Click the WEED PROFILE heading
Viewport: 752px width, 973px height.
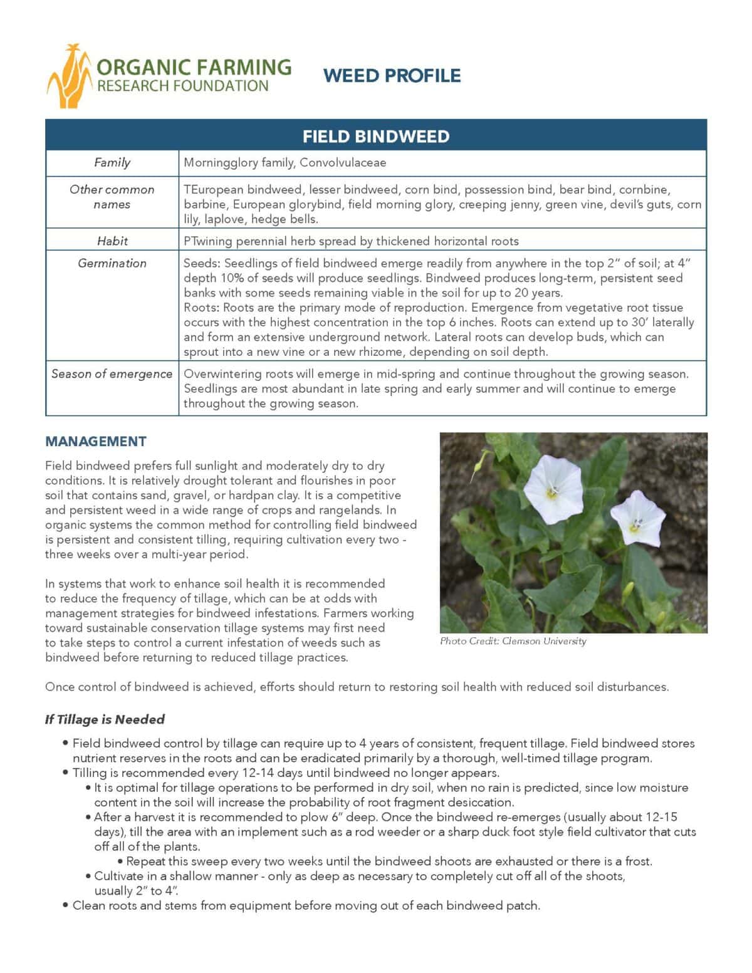(392, 76)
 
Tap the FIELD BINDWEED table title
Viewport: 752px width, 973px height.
(376, 137)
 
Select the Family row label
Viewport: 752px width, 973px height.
(112, 163)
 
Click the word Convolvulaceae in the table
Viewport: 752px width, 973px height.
(343, 163)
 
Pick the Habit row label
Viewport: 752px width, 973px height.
(112, 241)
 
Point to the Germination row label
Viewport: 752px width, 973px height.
(112, 263)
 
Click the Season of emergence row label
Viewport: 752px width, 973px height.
(112, 374)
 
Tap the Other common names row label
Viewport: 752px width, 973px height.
(112, 197)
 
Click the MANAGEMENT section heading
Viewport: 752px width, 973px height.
(96, 441)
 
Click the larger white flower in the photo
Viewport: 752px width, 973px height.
(553, 489)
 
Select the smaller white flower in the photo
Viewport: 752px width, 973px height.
(637, 518)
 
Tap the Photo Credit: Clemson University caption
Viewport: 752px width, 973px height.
(513, 641)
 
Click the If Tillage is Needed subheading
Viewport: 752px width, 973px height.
(105, 719)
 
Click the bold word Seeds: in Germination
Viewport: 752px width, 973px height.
(202, 263)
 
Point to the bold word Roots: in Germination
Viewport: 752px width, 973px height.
(202, 308)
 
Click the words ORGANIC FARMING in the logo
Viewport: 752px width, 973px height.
(194, 67)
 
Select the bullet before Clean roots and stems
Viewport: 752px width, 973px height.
(66, 905)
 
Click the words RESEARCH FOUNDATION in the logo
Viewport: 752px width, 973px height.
(182, 86)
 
